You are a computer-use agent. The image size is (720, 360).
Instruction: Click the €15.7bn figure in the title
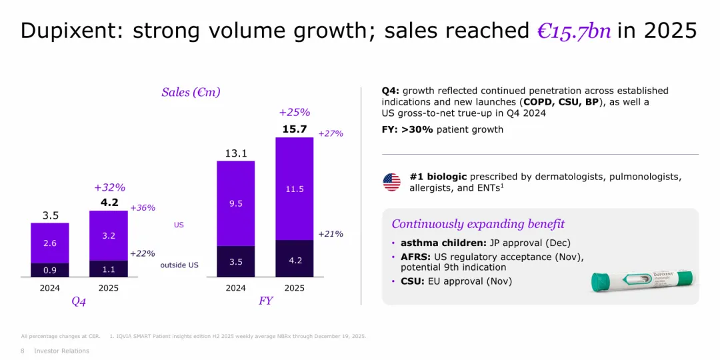(574, 31)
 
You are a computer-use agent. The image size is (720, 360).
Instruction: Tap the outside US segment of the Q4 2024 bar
(50, 270)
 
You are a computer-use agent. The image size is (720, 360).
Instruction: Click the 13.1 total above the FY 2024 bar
(236, 153)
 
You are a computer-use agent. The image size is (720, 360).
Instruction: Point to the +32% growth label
(109, 187)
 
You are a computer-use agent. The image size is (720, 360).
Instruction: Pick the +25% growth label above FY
(294, 113)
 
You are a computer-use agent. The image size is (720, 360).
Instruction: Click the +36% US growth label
(143, 208)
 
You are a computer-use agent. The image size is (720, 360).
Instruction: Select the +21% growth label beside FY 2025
(331, 234)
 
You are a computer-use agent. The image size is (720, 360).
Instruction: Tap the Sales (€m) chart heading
(191, 92)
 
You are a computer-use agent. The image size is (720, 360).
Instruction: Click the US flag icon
(392, 182)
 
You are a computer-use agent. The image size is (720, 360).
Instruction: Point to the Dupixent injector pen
(641, 281)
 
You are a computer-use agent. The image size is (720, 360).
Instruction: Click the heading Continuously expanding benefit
(478, 224)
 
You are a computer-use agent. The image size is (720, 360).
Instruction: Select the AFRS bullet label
(414, 257)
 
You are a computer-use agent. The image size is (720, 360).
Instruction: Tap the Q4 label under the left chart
(79, 301)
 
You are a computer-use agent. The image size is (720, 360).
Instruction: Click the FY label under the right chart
(265, 301)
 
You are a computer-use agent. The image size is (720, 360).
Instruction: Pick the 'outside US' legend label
(179, 265)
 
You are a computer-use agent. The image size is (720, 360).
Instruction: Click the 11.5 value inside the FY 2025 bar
(294, 189)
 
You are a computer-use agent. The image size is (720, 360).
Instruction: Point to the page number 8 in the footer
(23, 351)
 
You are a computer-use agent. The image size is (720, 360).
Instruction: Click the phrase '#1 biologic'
(438, 177)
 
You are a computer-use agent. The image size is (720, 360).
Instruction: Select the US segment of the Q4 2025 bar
(109, 235)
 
